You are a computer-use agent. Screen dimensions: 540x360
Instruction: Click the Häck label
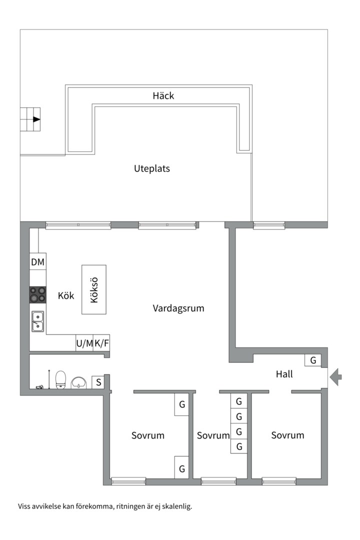point(163,95)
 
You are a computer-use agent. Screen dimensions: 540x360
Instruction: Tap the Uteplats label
point(152,168)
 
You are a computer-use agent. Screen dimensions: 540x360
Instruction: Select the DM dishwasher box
point(37,262)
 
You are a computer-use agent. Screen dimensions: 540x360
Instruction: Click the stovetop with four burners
point(37,294)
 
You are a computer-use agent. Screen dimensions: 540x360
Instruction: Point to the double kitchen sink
point(37,321)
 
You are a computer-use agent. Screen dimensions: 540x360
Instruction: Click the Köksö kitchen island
point(94,289)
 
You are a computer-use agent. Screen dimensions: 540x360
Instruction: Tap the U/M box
point(84,343)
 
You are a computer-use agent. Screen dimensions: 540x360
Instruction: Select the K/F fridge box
point(101,343)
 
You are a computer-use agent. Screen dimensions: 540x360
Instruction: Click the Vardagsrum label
point(178,308)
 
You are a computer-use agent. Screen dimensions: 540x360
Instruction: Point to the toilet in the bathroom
point(61,379)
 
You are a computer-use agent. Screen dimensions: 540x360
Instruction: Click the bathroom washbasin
point(79,382)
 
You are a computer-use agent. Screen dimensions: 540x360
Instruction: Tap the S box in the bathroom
point(98,382)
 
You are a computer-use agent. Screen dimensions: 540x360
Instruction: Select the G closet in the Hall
point(313,360)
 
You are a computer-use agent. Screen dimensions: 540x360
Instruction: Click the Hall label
point(284,374)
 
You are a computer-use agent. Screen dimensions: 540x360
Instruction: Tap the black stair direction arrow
point(36,119)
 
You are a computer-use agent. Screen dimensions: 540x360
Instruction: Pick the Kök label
point(66,296)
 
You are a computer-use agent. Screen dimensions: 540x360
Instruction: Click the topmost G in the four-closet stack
point(239,401)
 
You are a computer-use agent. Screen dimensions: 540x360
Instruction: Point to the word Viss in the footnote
point(24,506)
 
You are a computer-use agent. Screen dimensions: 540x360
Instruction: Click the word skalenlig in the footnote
point(175,506)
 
